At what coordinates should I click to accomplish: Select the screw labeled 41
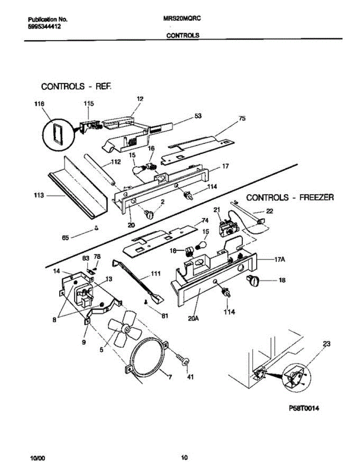pos(183,360)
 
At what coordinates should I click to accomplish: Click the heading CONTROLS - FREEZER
pos(290,197)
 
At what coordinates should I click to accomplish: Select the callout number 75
pos(242,119)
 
